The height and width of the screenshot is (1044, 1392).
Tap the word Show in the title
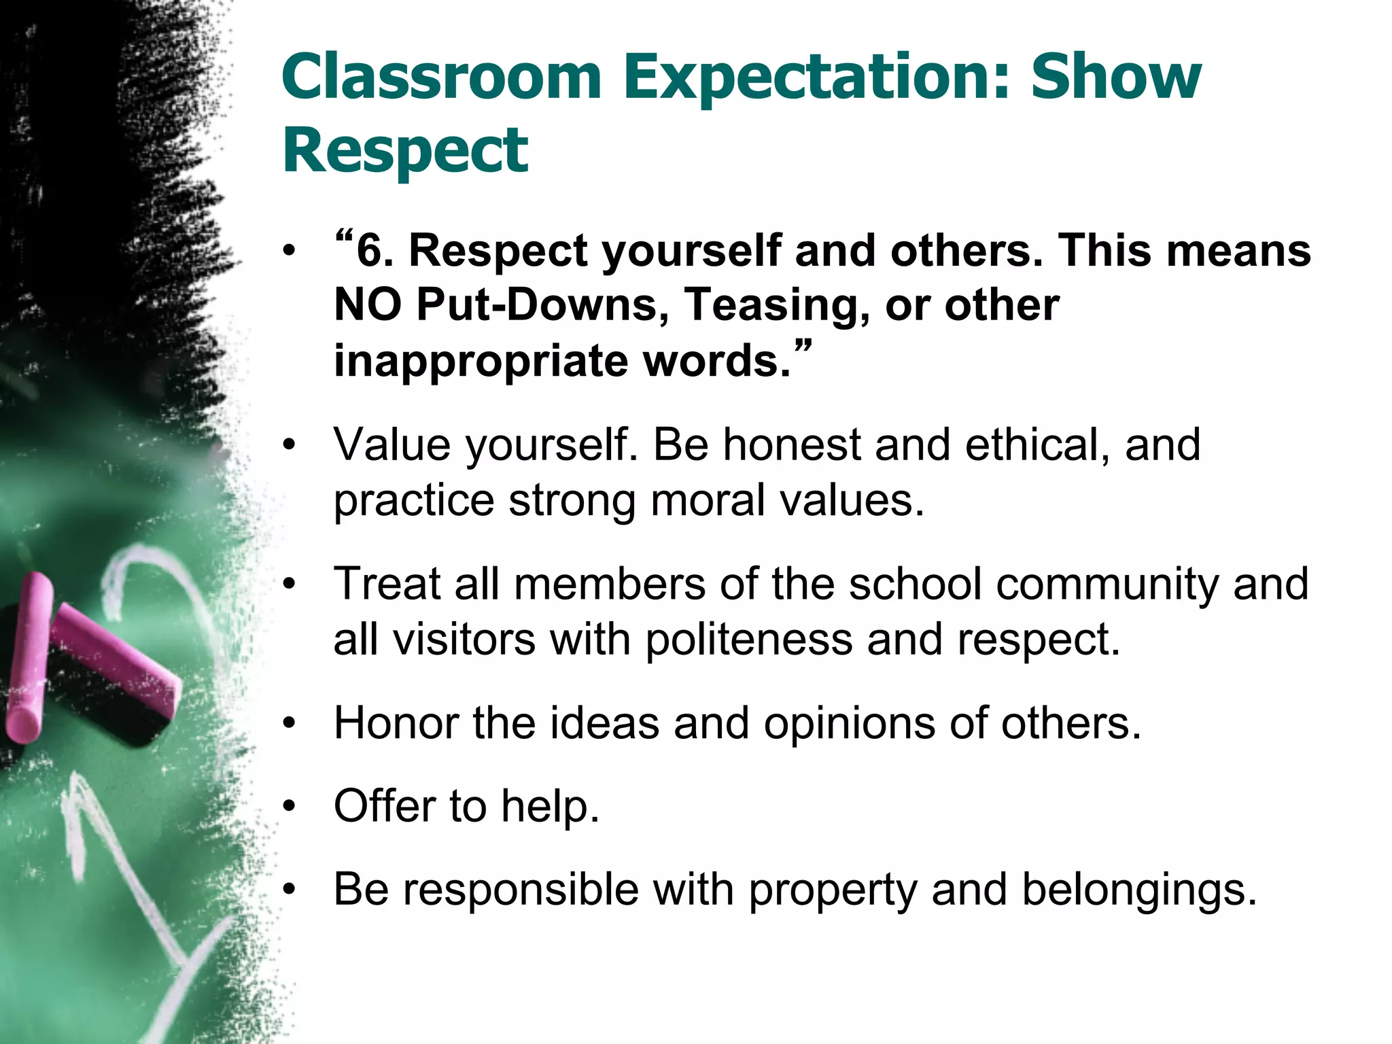pyautogui.click(x=1116, y=76)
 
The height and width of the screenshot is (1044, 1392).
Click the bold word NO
pyautogui.click(x=368, y=304)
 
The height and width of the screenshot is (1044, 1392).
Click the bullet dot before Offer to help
pyautogui.click(x=290, y=807)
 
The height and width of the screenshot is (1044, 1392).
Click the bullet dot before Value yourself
pyautogui.click(x=290, y=446)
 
